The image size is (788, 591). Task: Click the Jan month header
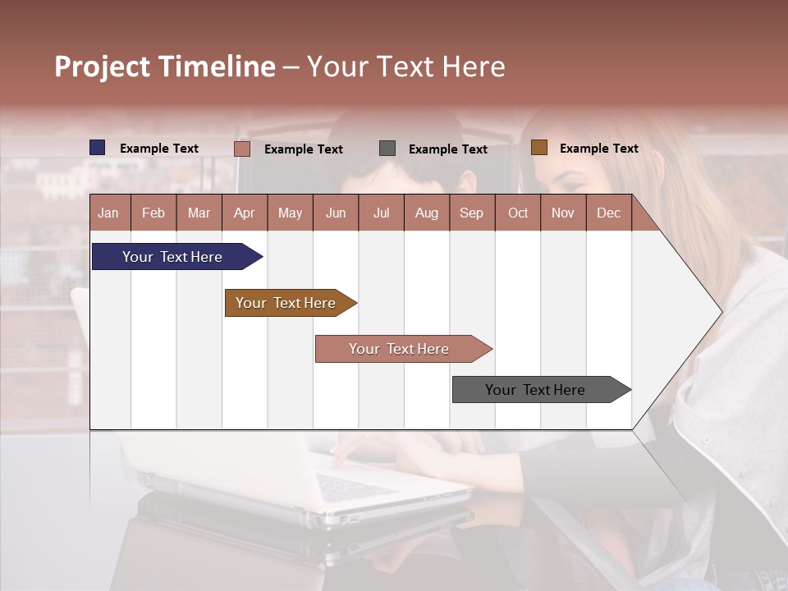(x=108, y=213)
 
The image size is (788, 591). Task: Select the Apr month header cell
(x=245, y=213)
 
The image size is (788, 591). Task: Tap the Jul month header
(x=381, y=213)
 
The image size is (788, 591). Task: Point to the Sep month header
(x=471, y=213)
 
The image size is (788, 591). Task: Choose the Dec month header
(x=608, y=213)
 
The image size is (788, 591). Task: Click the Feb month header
(x=153, y=213)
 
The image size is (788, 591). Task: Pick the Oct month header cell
(x=517, y=213)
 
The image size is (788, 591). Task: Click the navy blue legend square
(x=98, y=148)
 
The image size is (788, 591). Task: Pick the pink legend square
(x=242, y=149)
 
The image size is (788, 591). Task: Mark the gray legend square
(x=387, y=149)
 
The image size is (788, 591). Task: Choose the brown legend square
(x=538, y=148)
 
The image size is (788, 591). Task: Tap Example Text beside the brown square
(x=598, y=148)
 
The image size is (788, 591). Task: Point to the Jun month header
(x=335, y=213)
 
